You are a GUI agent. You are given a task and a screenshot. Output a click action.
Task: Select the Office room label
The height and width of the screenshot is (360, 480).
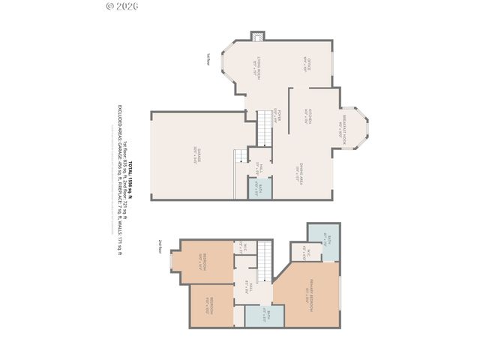point(306,63)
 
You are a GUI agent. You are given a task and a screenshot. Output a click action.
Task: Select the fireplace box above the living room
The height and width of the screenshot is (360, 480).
point(257,35)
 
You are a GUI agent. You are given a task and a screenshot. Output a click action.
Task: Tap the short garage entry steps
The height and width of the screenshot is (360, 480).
point(240,155)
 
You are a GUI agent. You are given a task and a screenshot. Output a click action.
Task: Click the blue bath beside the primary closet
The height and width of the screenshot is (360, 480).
point(323,239)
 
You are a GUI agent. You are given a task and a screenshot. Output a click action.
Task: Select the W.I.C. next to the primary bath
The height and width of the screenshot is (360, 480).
point(306,253)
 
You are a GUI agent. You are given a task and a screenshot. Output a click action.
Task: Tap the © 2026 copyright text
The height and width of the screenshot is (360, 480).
point(123,6)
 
